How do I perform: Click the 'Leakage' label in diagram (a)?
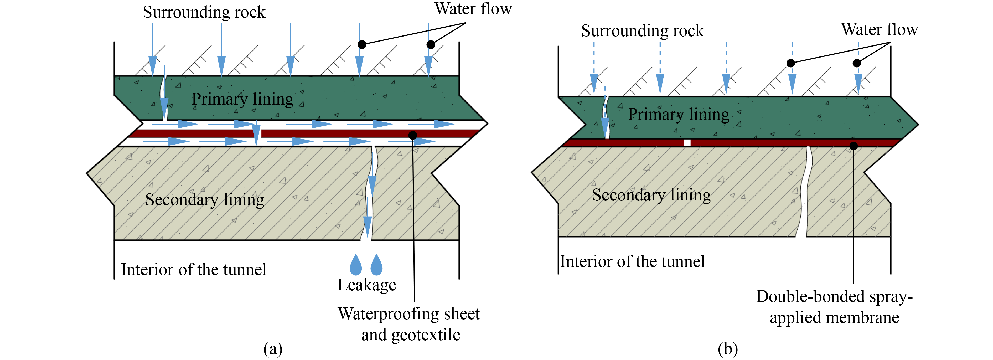[366, 285]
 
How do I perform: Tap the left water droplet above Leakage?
[356, 265]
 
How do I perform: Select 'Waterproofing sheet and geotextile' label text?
[409, 324]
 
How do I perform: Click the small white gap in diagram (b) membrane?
[687, 143]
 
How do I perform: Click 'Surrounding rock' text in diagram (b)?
[642, 31]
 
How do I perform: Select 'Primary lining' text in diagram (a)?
[242, 99]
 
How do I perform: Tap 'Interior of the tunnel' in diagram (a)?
[194, 269]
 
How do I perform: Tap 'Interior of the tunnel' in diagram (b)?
[632, 261]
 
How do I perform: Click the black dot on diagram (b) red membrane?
[854, 146]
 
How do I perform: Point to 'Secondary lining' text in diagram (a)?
[205, 200]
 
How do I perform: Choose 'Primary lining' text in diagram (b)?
[679, 115]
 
